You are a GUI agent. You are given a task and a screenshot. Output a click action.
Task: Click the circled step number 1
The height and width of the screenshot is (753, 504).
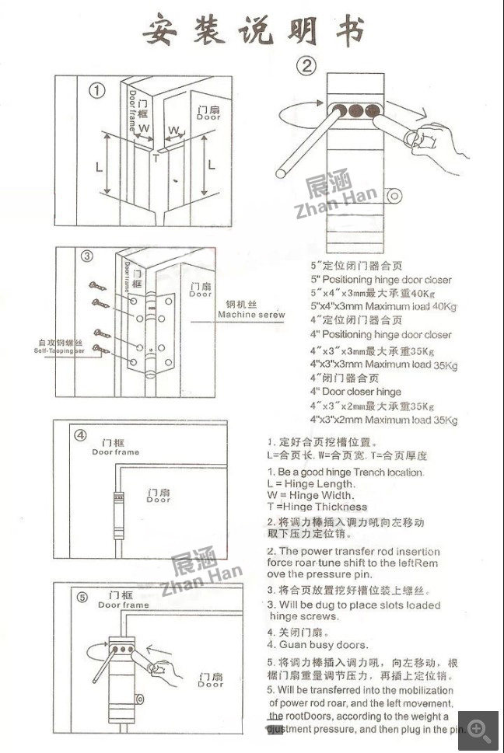[x=97, y=91]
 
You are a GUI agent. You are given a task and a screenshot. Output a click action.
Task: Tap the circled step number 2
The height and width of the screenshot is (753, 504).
[x=308, y=65]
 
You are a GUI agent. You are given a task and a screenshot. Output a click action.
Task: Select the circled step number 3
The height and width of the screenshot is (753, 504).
[x=87, y=256]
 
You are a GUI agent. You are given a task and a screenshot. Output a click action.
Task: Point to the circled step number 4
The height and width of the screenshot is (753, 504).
[x=80, y=434]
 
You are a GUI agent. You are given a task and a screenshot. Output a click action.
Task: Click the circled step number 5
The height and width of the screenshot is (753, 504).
[x=82, y=598]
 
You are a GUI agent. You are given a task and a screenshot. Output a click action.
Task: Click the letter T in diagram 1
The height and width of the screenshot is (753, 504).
[x=156, y=159]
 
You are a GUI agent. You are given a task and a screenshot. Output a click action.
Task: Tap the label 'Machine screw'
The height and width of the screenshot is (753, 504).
[x=250, y=315]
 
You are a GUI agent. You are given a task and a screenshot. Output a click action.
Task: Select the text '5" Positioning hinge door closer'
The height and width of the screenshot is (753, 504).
[x=380, y=280]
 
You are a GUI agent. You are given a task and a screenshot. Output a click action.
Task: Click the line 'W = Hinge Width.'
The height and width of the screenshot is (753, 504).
[x=310, y=495]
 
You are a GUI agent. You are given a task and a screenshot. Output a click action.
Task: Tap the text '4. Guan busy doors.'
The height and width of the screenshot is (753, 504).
[x=317, y=645]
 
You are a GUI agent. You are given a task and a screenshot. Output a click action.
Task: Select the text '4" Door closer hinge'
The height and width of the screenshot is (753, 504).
[x=356, y=392]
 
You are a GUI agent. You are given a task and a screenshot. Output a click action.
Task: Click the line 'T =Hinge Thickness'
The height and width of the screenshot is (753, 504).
[x=317, y=507]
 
